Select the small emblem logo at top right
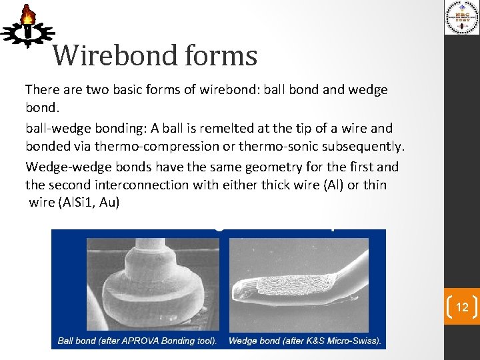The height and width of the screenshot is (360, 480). click(461, 18)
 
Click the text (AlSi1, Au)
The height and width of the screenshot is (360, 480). click(88, 202)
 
